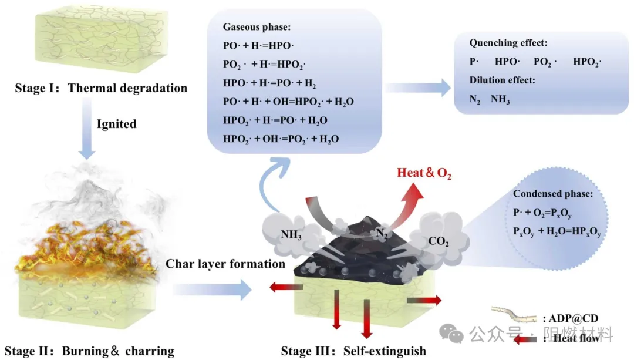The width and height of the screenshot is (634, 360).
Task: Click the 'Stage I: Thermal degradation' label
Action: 102,89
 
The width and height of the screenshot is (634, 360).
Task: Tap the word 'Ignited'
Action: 116,124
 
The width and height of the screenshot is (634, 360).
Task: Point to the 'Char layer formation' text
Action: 225,264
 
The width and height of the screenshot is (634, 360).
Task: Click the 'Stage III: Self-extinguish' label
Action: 353,351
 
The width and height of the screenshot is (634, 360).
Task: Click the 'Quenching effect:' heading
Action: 508,43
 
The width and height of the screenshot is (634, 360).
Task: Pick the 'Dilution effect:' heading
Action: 503,80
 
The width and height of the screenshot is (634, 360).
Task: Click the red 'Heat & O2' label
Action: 424,173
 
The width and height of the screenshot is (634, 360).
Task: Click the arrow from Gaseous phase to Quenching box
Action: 417,88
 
